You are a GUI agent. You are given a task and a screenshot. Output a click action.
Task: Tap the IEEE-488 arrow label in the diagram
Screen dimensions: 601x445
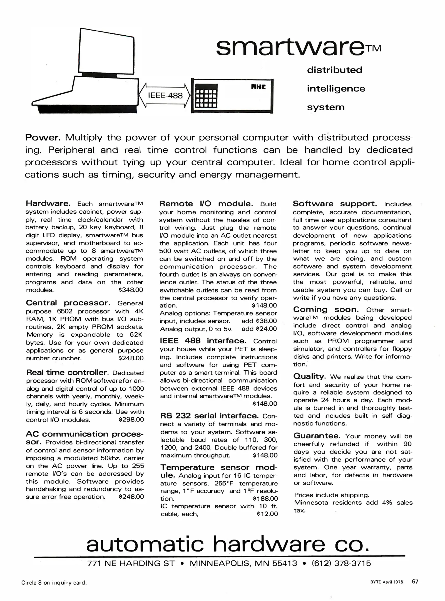pyautogui.click(x=165, y=96)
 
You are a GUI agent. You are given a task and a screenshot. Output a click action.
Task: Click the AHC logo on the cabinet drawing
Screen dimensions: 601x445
pyautogui.click(x=258, y=87)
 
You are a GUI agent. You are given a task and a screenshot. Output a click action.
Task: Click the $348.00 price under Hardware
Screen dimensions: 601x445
pyautogui.click(x=131, y=290)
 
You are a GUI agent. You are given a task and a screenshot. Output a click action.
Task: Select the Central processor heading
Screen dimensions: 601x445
pyautogui.click(x=68, y=303)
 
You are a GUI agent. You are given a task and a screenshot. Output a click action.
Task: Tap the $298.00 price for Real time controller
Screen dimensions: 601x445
pyautogui.click(x=131, y=420)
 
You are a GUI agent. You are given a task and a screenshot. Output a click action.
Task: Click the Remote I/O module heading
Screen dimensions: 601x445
pyautogui.click(x=206, y=204)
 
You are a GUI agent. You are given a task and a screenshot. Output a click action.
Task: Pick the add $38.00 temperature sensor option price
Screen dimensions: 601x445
pyautogui.click(x=259, y=321)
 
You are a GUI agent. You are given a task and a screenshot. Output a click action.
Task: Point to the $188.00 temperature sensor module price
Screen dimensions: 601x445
pyautogui.click(x=265, y=499)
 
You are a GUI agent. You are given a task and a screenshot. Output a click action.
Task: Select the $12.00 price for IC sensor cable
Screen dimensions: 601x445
pyautogui.click(x=267, y=514)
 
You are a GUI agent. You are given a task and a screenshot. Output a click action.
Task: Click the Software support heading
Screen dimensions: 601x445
pyautogui.click(x=335, y=204)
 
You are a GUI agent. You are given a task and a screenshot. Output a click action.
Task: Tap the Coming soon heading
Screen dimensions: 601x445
pyautogui.click(x=326, y=310)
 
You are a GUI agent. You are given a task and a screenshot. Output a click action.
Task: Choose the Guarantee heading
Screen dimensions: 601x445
pyautogui.click(x=317, y=436)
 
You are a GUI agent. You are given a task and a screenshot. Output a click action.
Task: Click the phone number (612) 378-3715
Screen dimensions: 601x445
pyautogui.click(x=341, y=563)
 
